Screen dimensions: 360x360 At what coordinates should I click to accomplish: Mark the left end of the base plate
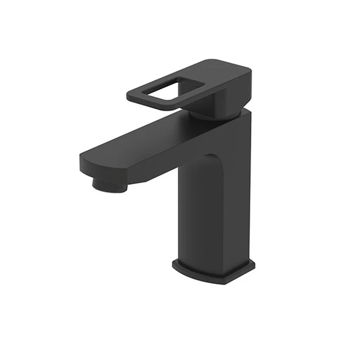174,265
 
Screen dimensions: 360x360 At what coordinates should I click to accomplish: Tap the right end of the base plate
252,268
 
